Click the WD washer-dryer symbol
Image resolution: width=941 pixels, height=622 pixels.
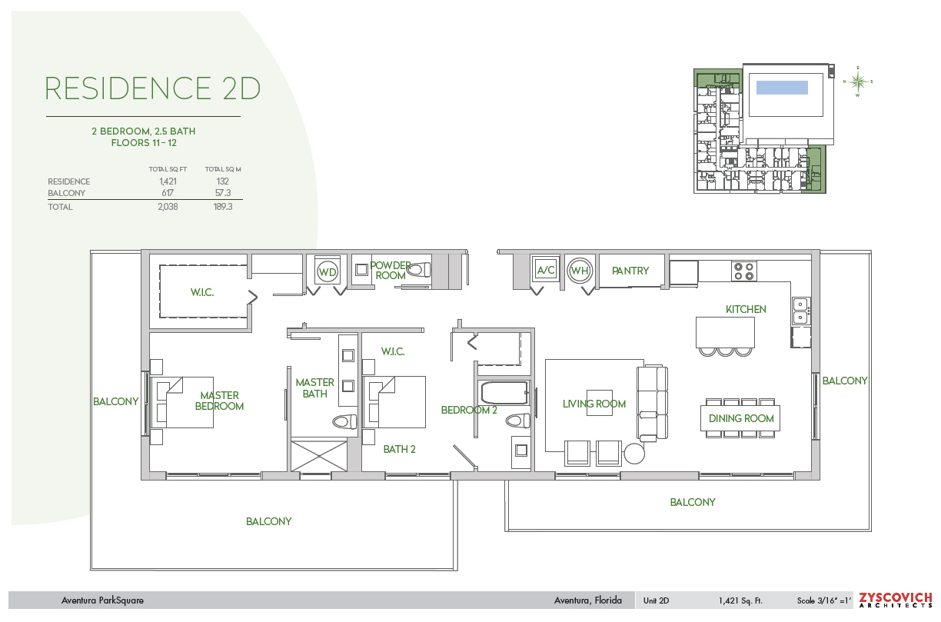[328, 272]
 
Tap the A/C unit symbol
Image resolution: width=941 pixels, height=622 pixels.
[546, 270]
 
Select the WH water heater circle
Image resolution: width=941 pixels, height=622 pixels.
[579, 271]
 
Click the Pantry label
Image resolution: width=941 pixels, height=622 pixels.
[630, 271]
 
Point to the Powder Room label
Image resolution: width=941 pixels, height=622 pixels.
[391, 270]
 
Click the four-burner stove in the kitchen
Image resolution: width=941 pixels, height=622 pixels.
[743, 271]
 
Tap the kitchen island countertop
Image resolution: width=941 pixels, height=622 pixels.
[724, 332]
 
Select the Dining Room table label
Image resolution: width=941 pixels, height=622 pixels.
[740, 418]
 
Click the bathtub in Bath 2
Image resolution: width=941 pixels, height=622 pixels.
[504, 393]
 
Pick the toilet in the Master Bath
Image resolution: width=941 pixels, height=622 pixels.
[344, 421]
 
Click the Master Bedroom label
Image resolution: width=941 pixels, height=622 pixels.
[219, 401]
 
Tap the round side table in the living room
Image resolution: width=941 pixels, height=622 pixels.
[634, 454]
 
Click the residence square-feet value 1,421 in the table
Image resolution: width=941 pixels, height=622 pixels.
[168, 181]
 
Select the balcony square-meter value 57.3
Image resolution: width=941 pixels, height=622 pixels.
[224, 193]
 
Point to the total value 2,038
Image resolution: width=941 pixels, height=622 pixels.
[167, 207]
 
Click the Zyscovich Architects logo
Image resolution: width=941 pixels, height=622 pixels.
[895, 600]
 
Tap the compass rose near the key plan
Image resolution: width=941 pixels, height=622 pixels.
[859, 81]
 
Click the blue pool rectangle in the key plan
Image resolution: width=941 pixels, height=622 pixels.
[782, 88]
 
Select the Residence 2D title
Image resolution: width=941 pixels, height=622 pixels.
[153, 88]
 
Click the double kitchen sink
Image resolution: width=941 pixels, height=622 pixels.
[800, 310]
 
